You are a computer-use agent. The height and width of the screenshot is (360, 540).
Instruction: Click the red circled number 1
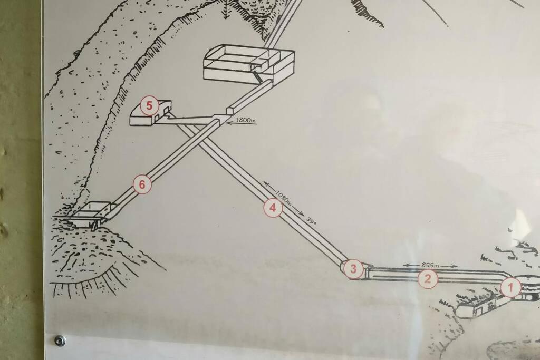click(510, 287)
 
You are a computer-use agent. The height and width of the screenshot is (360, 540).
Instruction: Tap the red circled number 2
click(427, 278)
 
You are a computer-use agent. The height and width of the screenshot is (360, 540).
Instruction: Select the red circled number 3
click(353, 268)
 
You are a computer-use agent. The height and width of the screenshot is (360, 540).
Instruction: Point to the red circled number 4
click(273, 208)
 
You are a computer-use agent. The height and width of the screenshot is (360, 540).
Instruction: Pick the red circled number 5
click(149, 105)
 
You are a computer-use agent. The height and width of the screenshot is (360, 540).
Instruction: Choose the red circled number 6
click(142, 184)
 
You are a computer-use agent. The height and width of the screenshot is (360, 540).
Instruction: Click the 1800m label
click(246, 121)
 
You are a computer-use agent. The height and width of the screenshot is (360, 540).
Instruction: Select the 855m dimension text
click(430, 265)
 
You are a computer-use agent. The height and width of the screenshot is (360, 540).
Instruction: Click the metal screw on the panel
click(60, 340)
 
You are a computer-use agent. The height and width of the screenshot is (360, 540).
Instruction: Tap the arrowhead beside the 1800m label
click(229, 121)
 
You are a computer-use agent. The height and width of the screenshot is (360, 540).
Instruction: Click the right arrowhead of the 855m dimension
click(455, 266)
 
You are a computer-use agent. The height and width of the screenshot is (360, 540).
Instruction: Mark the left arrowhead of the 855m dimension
click(407, 265)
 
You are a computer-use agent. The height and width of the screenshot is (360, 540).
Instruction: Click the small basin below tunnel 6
click(90, 214)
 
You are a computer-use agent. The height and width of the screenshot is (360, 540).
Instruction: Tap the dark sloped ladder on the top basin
click(257, 75)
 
